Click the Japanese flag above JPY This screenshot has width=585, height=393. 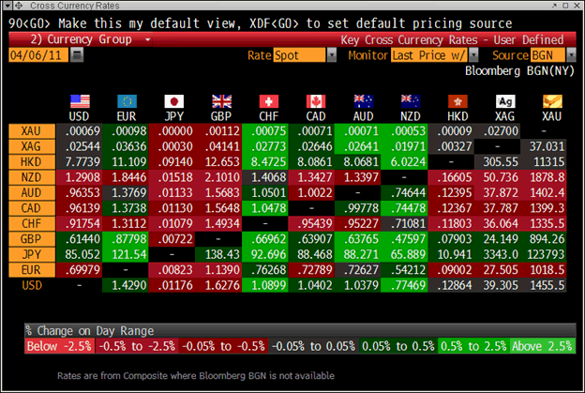click(x=173, y=101)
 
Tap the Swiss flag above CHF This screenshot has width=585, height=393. click(x=269, y=101)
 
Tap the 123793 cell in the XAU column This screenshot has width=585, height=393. click(x=545, y=228)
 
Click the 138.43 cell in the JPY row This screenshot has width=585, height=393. click(x=222, y=228)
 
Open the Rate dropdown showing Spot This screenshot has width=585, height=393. click(x=305, y=56)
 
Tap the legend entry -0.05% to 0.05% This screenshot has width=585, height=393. click(x=300, y=346)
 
